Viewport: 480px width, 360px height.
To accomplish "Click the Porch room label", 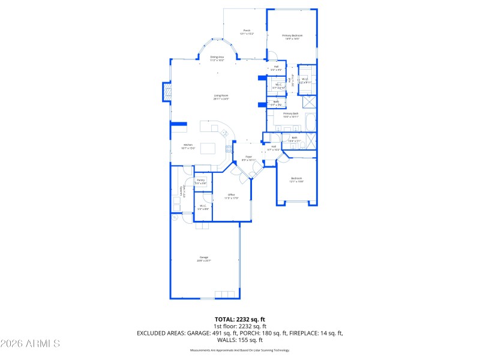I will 247,32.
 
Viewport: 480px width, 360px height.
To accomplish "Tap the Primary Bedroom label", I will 292,37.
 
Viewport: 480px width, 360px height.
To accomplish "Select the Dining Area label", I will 217,58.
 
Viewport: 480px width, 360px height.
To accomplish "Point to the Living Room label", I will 221,97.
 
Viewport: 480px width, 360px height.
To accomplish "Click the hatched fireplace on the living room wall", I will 167,92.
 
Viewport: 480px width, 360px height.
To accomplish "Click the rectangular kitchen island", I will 208,148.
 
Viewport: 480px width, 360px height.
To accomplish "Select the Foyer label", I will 248,159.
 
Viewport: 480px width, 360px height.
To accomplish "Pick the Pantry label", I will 200,181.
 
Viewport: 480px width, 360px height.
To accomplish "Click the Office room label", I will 231,196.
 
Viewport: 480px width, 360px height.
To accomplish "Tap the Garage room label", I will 204,259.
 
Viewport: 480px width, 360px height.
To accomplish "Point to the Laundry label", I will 181,191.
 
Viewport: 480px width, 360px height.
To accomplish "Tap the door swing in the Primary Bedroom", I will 272,54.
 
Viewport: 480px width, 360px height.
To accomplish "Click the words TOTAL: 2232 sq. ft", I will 239,319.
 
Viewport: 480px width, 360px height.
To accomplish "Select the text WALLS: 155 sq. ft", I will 239,340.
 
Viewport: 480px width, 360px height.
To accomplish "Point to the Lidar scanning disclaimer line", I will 239,349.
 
